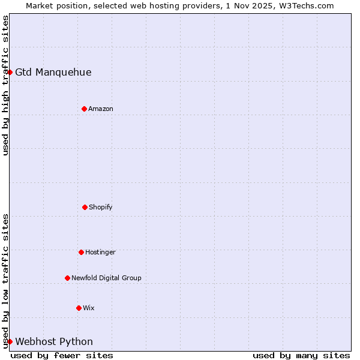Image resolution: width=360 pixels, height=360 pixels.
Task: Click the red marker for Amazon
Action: (x=85, y=109)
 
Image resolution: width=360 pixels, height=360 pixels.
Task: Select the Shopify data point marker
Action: (x=85, y=207)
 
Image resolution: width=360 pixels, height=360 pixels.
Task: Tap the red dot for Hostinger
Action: (x=81, y=252)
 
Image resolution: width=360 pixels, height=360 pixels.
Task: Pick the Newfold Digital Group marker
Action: (x=67, y=278)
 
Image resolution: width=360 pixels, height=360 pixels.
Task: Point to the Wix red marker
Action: (x=79, y=308)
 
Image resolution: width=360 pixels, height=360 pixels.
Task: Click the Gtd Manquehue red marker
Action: (x=10, y=72)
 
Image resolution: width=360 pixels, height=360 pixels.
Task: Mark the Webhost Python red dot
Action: (x=10, y=341)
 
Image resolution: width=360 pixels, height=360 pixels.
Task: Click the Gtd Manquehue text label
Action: (x=53, y=72)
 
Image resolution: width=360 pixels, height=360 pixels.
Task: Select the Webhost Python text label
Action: (x=54, y=341)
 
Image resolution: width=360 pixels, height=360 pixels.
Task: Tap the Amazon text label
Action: (x=101, y=109)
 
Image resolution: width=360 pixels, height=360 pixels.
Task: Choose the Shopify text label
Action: (x=101, y=207)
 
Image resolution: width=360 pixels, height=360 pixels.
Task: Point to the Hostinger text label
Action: (x=100, y=252)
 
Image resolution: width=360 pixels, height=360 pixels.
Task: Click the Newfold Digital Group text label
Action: (x=106, y=278)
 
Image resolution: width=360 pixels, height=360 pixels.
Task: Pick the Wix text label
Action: (x=89, y=308)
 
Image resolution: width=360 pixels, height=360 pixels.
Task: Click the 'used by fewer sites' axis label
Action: (x=62, y=355)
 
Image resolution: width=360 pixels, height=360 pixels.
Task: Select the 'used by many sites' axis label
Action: (x=301, y=355)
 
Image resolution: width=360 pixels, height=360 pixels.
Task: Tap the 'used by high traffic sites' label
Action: (x=5, y=85)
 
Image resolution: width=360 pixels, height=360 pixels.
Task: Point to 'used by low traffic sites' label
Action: (x=5, y=281)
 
